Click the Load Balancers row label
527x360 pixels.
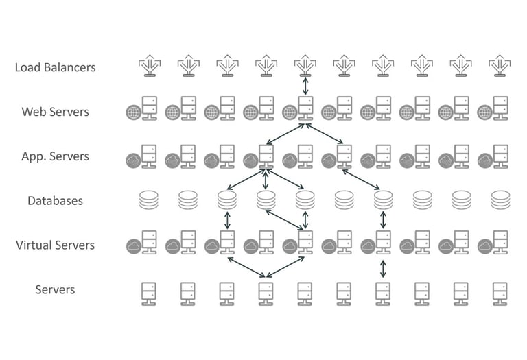(55, 67)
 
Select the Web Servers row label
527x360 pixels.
(55, 112)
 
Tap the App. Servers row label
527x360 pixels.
(55, 156)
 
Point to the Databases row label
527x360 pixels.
(55, 200)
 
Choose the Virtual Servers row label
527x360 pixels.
(55, 245)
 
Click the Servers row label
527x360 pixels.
(55, 289)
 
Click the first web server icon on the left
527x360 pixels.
(142, 110)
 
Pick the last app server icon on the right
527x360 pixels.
(494, 156)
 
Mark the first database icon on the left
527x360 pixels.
(148, 200)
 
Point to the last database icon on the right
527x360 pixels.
(500, 200)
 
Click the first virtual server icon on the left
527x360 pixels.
(142, 243)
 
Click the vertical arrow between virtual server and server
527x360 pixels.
(382, 267)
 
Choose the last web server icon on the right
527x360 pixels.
(494, 110)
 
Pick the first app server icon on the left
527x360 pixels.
(142, 156)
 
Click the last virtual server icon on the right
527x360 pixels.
(494, 243)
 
